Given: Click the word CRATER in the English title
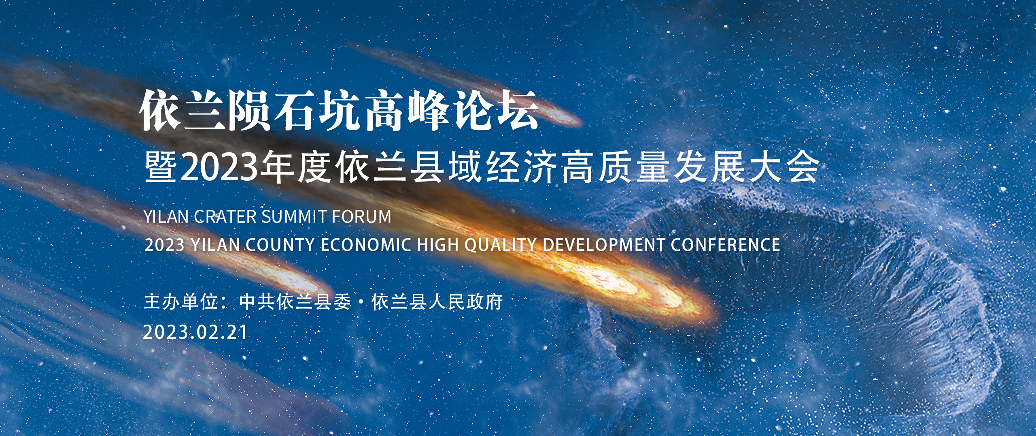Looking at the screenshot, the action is click(x=225, y=217).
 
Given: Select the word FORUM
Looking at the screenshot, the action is click(x=362, y=217).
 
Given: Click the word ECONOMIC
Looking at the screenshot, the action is click(x=366, y=245).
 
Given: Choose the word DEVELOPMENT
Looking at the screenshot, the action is click(x=603, y=245).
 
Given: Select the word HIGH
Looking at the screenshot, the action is click(x=438, y=245).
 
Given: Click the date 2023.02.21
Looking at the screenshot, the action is click(x=195, y=332).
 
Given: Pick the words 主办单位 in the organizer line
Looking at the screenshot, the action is click(x=181, y=302).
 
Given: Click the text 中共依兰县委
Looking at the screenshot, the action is click(x=295, y=302).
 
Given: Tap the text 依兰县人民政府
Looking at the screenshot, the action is click(x=437, y=302).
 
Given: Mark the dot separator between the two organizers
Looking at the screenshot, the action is click(x=361, y=302).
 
